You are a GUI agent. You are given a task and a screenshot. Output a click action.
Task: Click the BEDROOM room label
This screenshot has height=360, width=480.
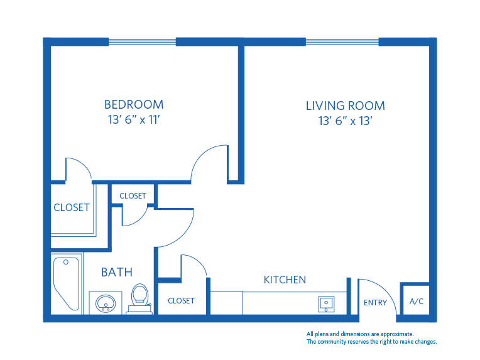pos(134,104)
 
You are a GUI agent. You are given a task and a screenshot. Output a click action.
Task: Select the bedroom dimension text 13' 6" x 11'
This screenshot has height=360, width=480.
pos(134,120)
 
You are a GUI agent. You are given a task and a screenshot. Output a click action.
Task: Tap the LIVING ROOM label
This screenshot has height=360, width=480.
pos(345,106)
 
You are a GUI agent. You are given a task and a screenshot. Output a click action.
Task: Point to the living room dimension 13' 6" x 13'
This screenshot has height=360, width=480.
pos(345,121)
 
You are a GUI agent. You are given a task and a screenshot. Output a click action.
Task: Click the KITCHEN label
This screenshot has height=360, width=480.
pos(285,280)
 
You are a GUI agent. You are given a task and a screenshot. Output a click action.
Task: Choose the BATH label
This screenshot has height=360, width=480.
pos(117,272)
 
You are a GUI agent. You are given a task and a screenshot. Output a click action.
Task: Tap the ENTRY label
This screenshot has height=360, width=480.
pos(375,303)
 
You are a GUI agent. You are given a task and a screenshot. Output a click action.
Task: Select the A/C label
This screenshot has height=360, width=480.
pos(417,302)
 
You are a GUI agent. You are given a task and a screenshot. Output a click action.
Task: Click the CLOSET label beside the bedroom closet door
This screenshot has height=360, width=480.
pos(71,207)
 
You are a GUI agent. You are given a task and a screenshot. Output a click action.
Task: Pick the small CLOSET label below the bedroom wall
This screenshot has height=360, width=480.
pos(133,196)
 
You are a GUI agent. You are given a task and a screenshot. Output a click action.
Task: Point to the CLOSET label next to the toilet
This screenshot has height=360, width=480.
pos(181,301)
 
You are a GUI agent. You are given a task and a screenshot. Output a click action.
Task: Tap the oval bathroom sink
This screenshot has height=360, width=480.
pos(106,303)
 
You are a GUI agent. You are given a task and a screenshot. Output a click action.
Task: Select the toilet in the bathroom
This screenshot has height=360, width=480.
pos(139,298)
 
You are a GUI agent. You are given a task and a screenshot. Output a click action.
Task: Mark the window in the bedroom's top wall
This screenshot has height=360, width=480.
pos(142,42)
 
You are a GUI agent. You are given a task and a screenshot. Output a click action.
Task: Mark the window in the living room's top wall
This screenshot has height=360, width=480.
pos(342,42)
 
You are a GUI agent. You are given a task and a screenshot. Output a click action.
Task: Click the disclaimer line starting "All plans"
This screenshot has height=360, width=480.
pos(359,334)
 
